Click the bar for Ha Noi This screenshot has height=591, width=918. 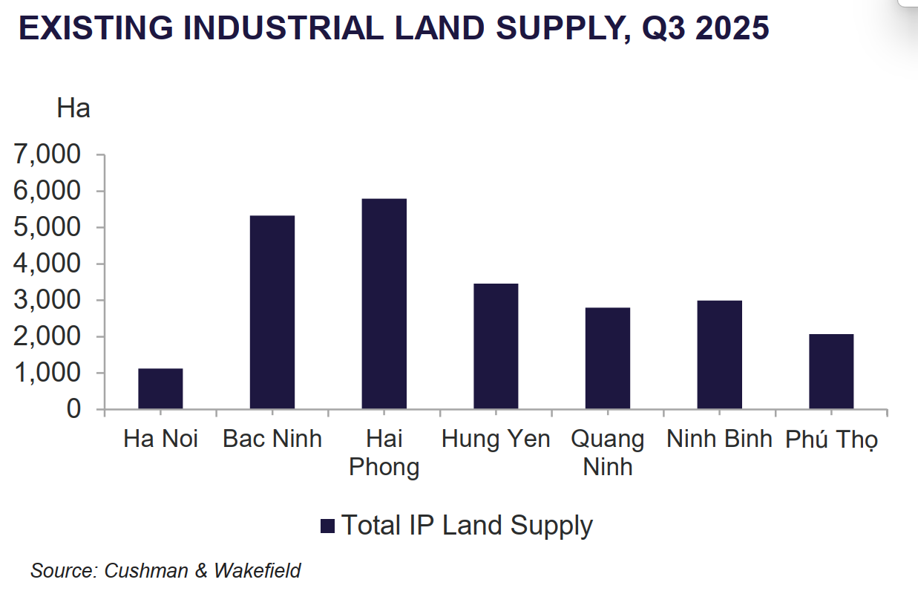tap(160, 389)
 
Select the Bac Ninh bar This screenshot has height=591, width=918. tap(272, 313)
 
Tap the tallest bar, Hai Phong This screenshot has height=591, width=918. tap(384, 304)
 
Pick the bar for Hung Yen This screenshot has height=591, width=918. tap(496, 346)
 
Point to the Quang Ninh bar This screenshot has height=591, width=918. tap(608, 359)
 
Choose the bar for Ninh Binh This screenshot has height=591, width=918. tap(719, 355)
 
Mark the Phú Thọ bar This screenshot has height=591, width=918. tap(831, 371)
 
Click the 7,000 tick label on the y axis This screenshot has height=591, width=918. tap(47, 155)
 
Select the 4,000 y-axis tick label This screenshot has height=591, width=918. tap(47, 264)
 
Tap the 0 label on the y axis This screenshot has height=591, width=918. tap(73, 409)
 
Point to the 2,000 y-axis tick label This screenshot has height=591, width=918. tap(47, 337)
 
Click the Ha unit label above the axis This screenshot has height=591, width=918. tap(73, 108)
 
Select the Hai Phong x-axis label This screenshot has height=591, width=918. tap(384, 452)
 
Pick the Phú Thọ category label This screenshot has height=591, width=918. tap(831, 440)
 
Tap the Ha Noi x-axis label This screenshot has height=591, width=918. tap(160, 439)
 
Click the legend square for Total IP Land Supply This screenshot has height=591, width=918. tap(328, 526)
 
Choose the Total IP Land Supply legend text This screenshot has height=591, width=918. tap(467, 526)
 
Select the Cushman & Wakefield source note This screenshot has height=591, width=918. tap(165, 570)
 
